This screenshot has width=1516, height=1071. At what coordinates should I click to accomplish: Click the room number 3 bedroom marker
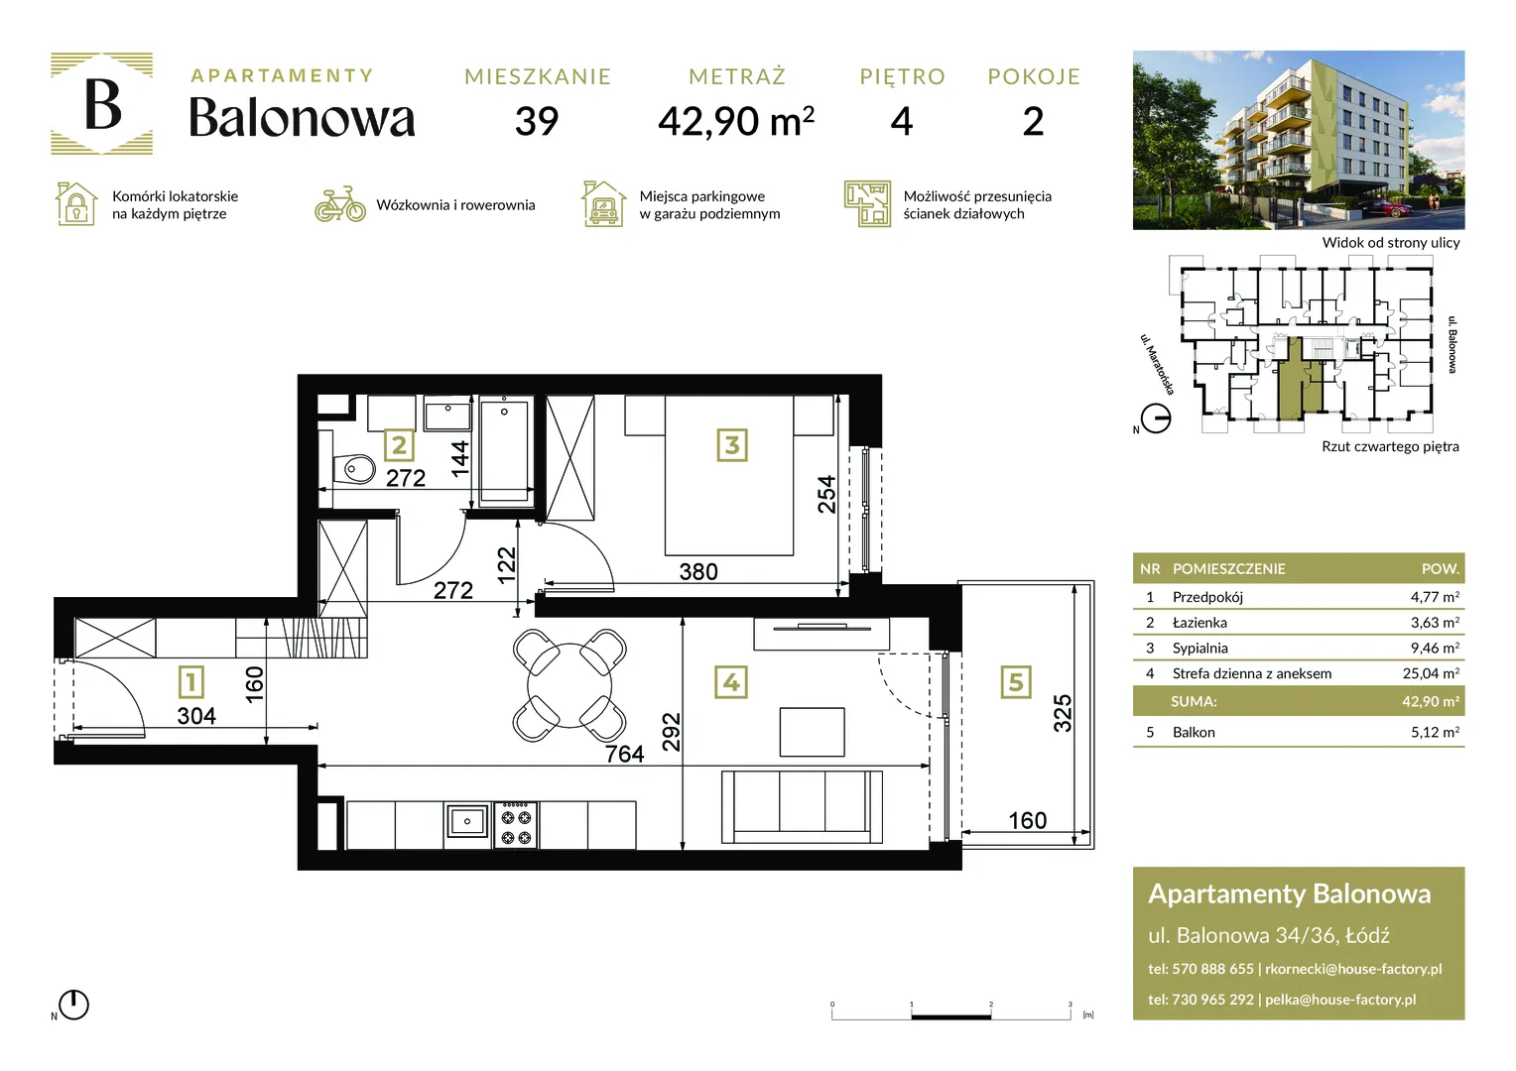click(x=731, y=445)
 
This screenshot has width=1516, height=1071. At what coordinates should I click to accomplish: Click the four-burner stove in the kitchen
click(x=516, y=825)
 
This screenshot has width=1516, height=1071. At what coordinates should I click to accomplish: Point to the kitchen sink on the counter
click(x=467, y=821)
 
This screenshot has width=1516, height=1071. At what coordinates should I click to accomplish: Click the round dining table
click(x=569, y=684)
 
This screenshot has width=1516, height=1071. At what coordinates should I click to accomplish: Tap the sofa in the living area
click(x=802, y=806)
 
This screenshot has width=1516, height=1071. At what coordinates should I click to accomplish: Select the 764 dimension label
click(x=624, y=754)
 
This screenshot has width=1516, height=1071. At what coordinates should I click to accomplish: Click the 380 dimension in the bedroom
click(x=698, y=572)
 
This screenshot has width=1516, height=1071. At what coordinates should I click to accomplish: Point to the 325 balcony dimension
click(x=1063, y=713)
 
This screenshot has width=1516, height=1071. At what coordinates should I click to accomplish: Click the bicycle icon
click(x=339, y=204)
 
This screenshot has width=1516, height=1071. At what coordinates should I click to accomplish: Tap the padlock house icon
click(x=75, y=203)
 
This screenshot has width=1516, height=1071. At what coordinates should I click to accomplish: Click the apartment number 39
click(x=537, y=122)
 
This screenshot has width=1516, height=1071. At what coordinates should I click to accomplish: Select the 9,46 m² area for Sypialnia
click(x=1435, y=648)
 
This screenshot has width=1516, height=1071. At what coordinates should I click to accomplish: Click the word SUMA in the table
click(x=1194, y=701)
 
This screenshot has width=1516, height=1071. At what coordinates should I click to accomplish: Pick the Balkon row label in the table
click(x=1194, y=732)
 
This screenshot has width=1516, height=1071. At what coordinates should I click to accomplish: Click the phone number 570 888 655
click(x=1212, y=969)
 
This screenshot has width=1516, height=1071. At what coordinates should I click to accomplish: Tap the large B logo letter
click(x=103, y=104)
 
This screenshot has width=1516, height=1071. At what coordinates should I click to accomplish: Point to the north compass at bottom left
click(x=73, y=1004)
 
